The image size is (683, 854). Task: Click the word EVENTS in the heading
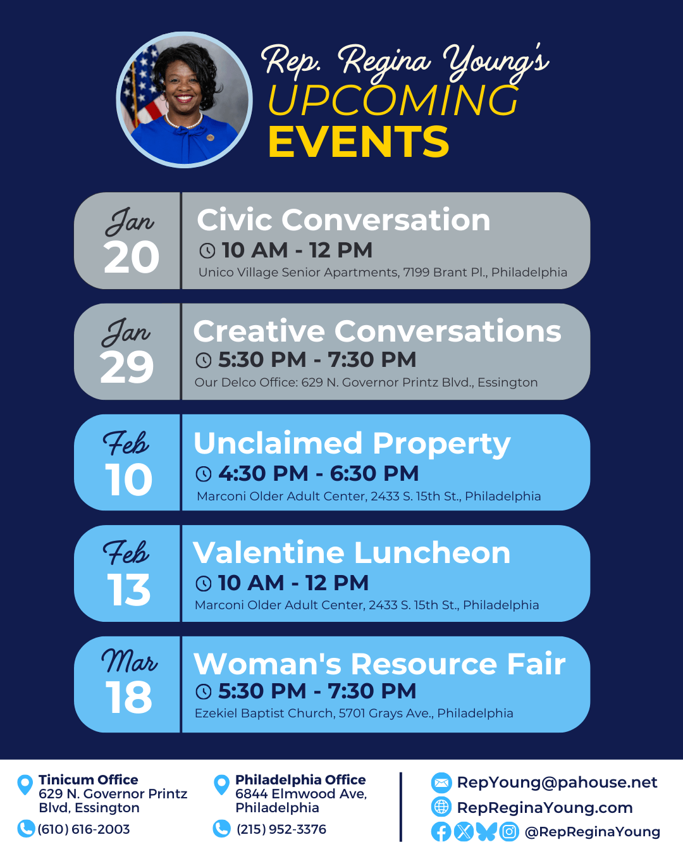click(x=359, y=141)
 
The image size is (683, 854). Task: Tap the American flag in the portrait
click(x=141, y=91)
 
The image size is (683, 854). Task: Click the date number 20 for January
click(x=132, y=257)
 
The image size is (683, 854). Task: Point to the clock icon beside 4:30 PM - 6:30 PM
click(x=204, y=474)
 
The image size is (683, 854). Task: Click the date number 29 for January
click(x=127, y=368)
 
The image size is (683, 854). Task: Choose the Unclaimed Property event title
click(x=352, y=443)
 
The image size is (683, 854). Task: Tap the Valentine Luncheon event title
click(x=352, y=553)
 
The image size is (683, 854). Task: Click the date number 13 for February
click(x=129, y=590)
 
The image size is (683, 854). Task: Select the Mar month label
click(x=130, y=662)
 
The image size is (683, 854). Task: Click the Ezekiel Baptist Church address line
click(x=354, y=713)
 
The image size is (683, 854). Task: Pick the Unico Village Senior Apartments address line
click(x=383, y=272)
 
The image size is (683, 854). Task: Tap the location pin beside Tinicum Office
click(x=25, y=784)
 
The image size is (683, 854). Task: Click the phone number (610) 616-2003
click(x=83, y=829)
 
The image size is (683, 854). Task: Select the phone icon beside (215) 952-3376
click(x=222, y=829)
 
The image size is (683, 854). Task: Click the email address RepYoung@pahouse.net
click(x=557, y=783)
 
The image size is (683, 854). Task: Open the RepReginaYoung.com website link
click(x=545, y=808)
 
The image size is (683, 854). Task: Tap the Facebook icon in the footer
click(x=441, y=832)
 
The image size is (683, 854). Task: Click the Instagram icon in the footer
click(x=509, y=832)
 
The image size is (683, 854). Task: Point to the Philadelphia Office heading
click(x=300, y=779)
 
